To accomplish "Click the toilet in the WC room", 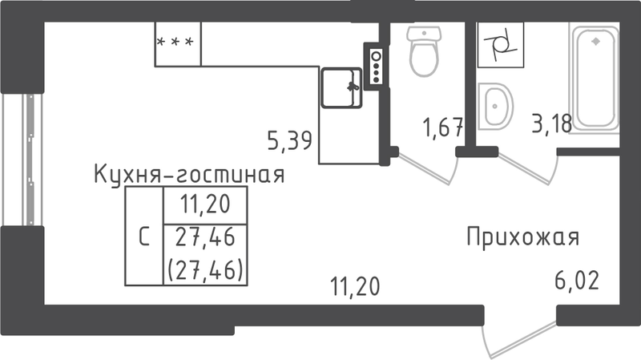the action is point(424,51).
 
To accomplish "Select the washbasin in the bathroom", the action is point(494,107).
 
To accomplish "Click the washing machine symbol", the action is point(501,45).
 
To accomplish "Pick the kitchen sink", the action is point(341,88).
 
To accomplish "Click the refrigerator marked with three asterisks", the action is point(178,44).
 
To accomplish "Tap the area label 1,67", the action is point(443,127).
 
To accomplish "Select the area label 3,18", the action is point(552,123).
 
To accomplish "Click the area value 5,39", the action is point(290,140).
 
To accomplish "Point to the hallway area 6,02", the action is point(577,281).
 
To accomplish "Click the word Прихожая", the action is point(523,237).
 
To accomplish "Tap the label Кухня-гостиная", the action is point(189,175).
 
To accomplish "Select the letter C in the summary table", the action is point(144,237).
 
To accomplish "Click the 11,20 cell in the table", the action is point(206,204).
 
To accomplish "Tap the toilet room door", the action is point(426,168).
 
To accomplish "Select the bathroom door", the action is point(527,168).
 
